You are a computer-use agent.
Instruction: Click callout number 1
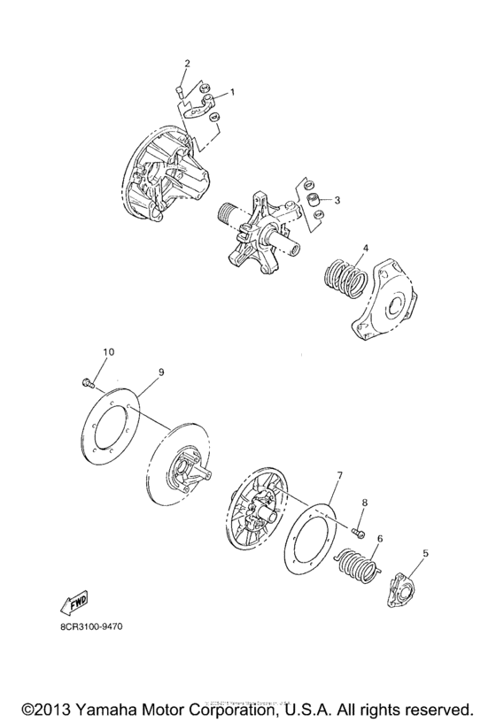click(x=232, y=92)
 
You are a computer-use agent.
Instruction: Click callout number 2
click(x=187, y=63)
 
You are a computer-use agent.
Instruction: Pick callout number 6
click(x=380, y=537)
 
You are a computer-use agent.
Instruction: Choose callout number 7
click(x=337, y=476)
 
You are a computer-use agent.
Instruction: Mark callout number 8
click(x=362, y=503)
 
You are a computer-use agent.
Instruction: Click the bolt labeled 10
click(x=85, y=382)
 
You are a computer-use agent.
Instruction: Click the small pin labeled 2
click(x=179, y=90)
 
